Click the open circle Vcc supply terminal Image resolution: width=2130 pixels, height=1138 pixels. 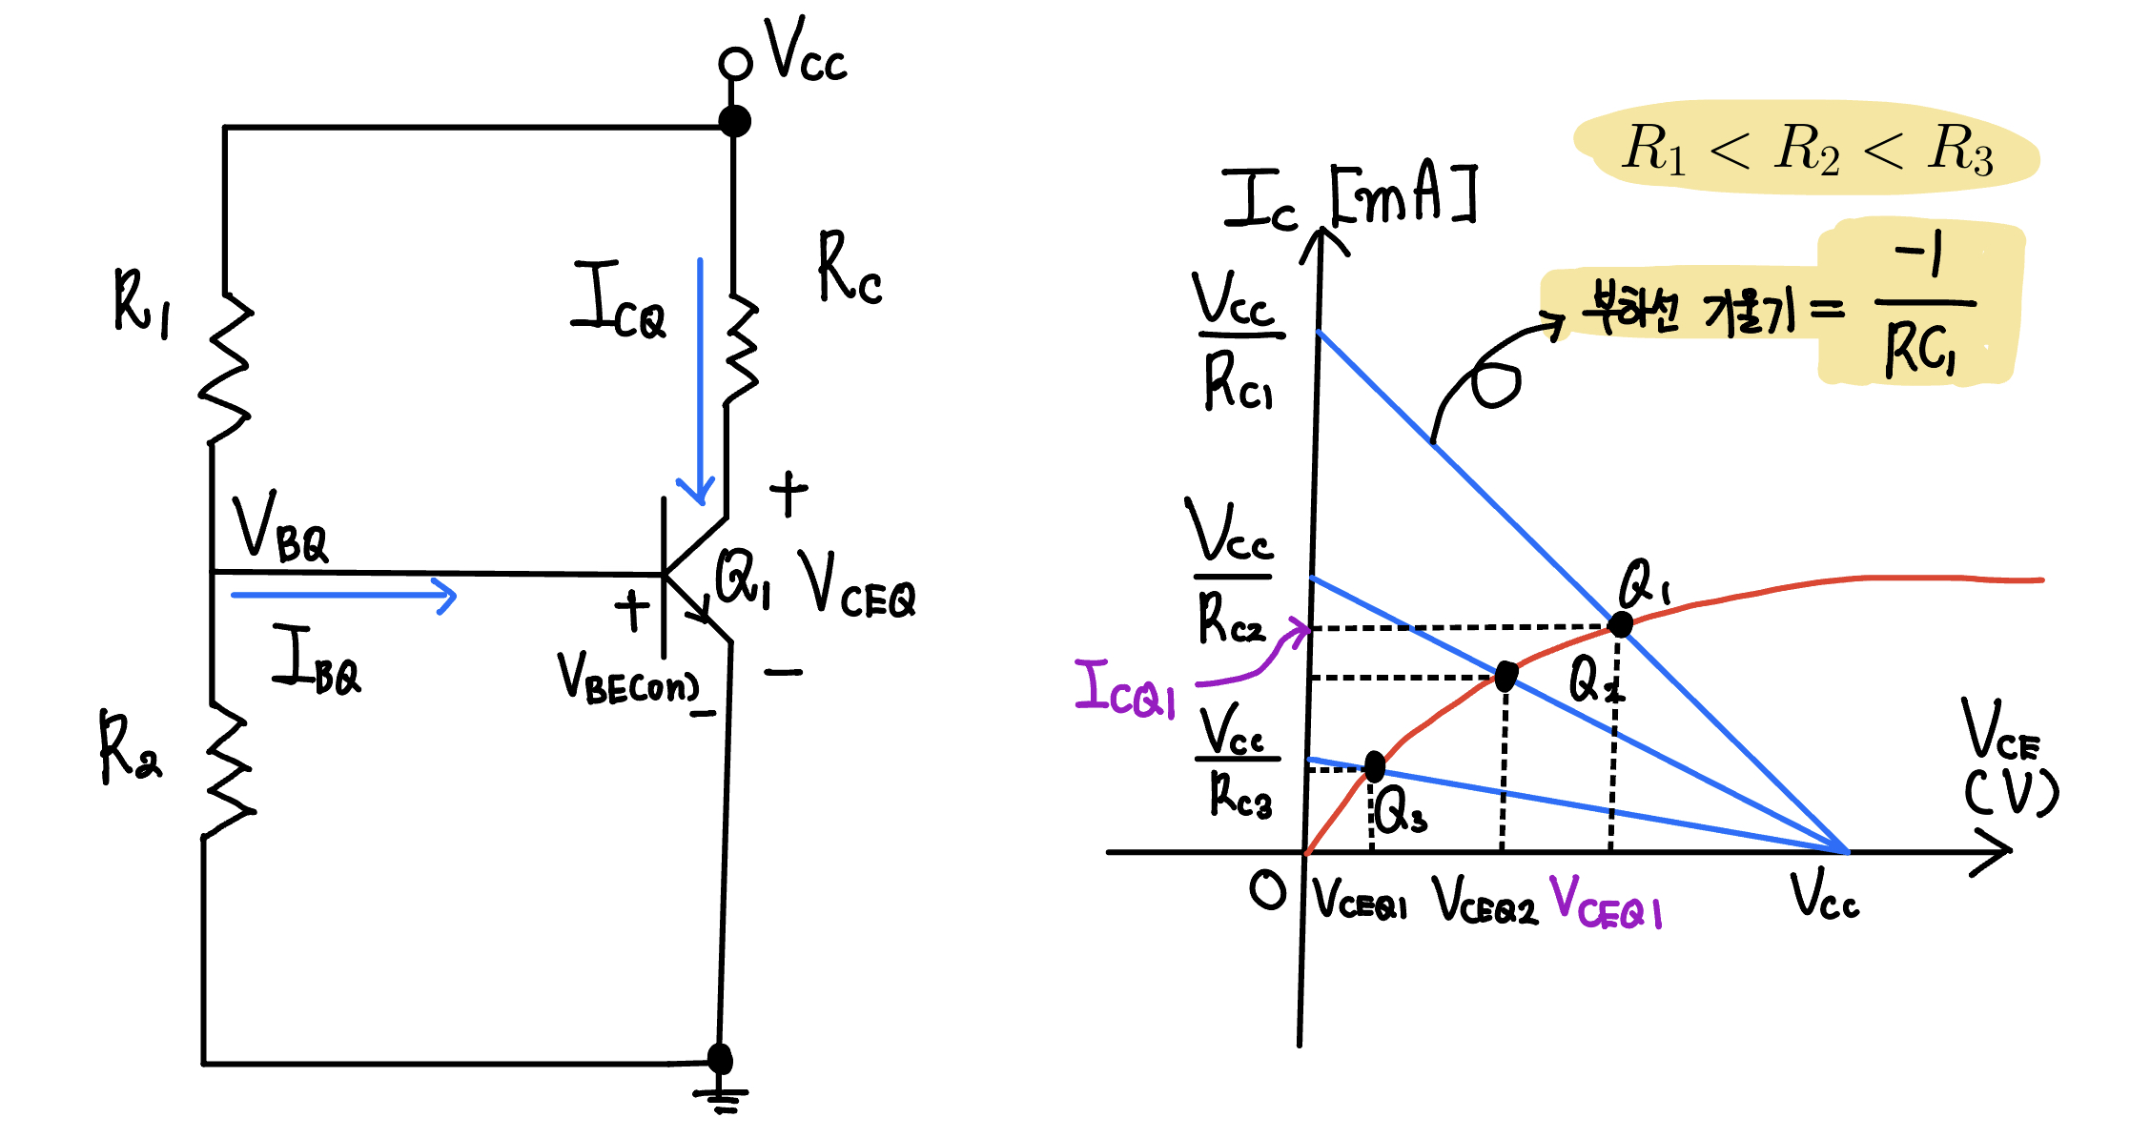(x=735, y=64)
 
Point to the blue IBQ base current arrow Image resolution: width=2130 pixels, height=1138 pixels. (x=343, y=597)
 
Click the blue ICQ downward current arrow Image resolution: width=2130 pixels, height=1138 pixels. (x=701, y=381)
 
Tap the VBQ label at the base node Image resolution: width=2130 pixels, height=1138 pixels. (x=280, y=529)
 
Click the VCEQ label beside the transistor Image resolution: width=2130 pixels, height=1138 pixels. (x=858, y=585)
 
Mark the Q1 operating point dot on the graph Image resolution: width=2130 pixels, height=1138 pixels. (x=1620, y=625)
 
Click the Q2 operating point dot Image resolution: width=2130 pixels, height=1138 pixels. (x=1505, y=677)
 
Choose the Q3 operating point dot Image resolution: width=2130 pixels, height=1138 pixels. (x=1375, y=765)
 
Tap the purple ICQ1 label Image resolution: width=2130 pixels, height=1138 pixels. (x=1125, y=689)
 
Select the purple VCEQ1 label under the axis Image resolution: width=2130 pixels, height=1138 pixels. (x=1607, y=903)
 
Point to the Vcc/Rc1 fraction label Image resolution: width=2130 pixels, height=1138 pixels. (x=1237, y=339)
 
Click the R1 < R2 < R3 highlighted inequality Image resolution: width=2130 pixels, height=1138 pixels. (x=1807, y=149)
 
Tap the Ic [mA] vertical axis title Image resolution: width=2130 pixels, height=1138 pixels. (x=1348, y=198)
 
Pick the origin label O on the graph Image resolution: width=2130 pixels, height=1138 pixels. (x=1268, y=891)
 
